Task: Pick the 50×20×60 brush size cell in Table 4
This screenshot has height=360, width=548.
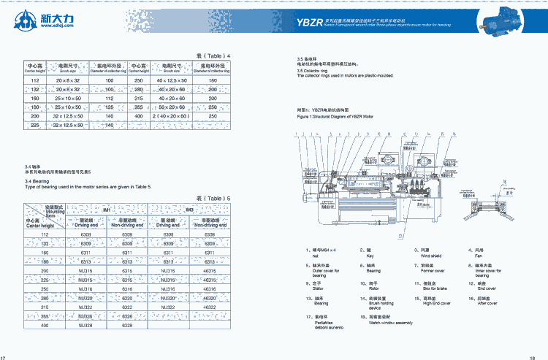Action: point(172,107)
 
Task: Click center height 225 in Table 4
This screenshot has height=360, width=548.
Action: point(35,125)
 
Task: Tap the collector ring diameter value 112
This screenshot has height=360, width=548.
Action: point(109,97)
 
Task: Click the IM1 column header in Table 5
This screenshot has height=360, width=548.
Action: point(107,210)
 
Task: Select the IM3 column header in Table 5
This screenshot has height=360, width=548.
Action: point(189,210)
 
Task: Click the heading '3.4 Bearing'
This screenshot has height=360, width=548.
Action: point(37,181)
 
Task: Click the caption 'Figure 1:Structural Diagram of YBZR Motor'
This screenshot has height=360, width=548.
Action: point(340,116)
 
